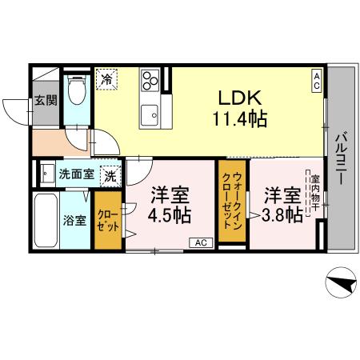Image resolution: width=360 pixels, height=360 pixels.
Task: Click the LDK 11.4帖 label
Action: pyautogui.click(x=238, y=108)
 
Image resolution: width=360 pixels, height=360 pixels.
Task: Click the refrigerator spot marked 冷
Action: pyautogui.click(x=107, y=78)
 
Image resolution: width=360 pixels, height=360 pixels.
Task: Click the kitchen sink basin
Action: pyautogui.click(x=150, y=117)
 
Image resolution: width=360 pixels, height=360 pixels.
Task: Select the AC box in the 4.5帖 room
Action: pyautogui.click(x=200, y=242)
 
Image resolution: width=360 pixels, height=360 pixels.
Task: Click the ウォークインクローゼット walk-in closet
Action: pyautogui.click(x=233, y=202)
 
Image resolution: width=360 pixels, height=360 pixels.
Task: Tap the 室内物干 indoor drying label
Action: pyautogui.click(x=314, y=195)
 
